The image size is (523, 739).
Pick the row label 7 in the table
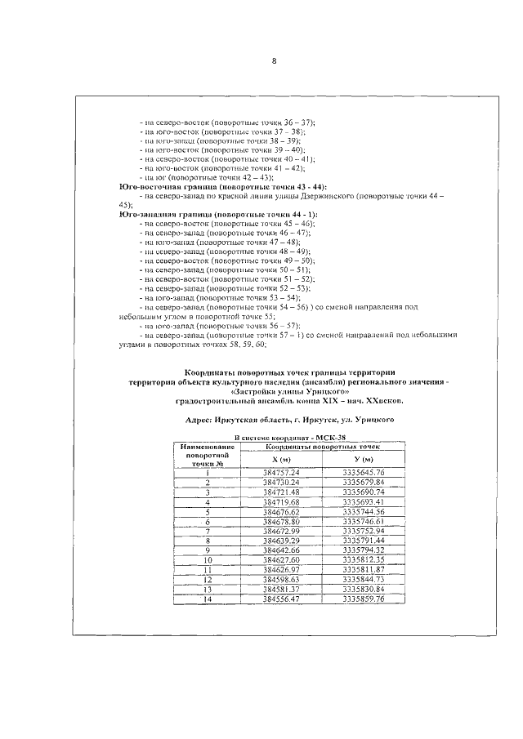tap(208, 531)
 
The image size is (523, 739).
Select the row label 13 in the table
tap(208, 590)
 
